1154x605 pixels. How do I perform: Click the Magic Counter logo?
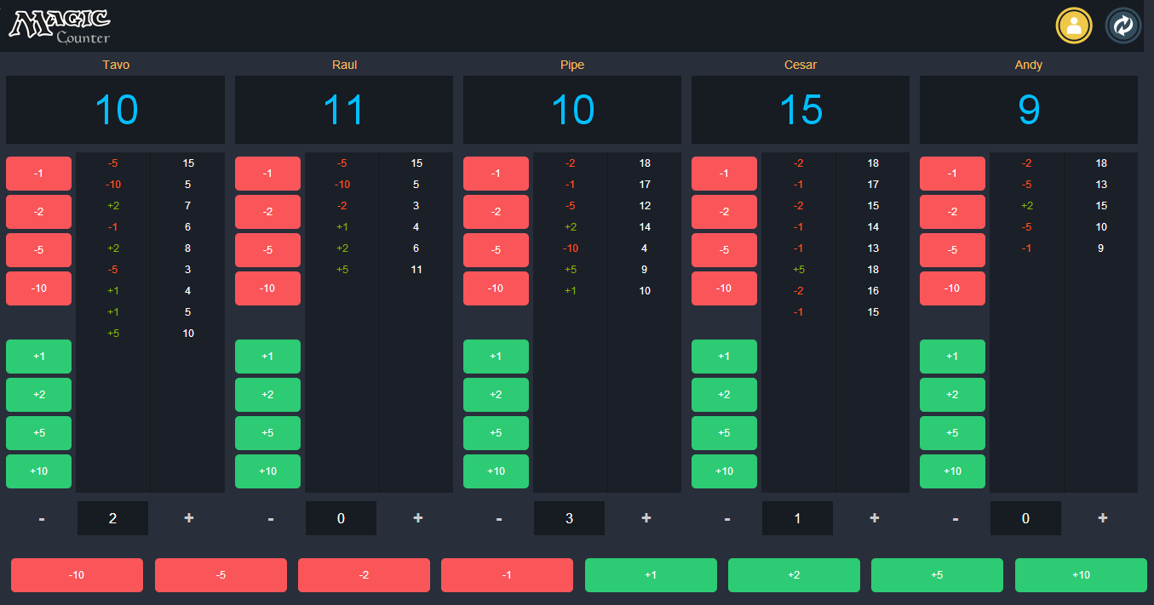(x=60, y=26)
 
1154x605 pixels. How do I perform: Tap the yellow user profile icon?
(x=1074, y=26)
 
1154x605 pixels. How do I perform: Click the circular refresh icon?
(x=1123, y=26)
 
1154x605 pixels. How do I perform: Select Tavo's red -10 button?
(x=38, y=288)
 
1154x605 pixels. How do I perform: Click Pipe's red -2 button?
(x=496, y=212)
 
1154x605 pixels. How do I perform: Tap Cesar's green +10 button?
(x=724, y=471)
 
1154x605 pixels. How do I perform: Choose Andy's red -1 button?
(x=952, y=174)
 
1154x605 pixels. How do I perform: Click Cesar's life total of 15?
(x=801, y=110)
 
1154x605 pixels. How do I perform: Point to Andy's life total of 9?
(x=1029, y=110)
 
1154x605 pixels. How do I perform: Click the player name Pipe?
(x=572, y=65)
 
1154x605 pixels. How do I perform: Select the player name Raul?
(x=344, y=65)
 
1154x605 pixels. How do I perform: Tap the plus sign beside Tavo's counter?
(x=188, y=518)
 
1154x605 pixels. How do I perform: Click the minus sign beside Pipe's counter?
(x=499, y=518)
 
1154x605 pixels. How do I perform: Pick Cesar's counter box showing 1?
(x=797, y=518)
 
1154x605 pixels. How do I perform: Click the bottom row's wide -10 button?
(x=77, y=575)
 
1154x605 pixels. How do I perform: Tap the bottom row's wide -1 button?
(x=507, y=575)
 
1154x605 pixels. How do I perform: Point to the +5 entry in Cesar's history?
(x=799, y=270)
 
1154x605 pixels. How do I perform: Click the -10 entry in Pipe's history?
(x=571, y=248)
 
